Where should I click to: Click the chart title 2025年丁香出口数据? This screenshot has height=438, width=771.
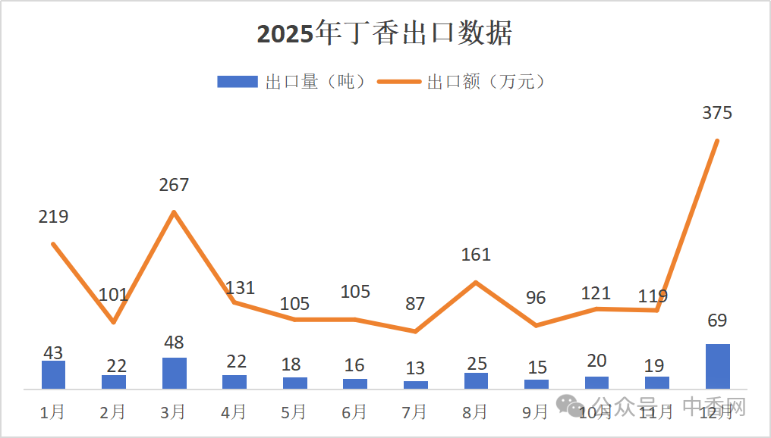385,34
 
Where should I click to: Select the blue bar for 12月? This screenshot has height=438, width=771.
717,366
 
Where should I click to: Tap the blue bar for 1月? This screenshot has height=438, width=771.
53,374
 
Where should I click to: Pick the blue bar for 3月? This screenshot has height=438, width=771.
174,373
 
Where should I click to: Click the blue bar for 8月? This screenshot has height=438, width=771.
476,380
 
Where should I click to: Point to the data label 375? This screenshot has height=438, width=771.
717,114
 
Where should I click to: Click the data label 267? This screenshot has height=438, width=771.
174,185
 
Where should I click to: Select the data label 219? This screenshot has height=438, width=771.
53,217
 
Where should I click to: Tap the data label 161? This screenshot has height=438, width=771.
476,255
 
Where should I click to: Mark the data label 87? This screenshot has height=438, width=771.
415,304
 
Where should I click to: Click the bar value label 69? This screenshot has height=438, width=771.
717,321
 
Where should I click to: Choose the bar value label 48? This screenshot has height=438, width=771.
174,343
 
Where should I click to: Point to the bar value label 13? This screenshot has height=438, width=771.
415,368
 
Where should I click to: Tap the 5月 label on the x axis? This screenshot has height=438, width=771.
294,412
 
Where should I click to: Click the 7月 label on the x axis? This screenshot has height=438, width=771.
414,412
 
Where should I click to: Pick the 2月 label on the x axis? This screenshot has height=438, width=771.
113,412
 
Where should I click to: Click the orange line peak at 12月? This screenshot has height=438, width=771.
717,140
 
